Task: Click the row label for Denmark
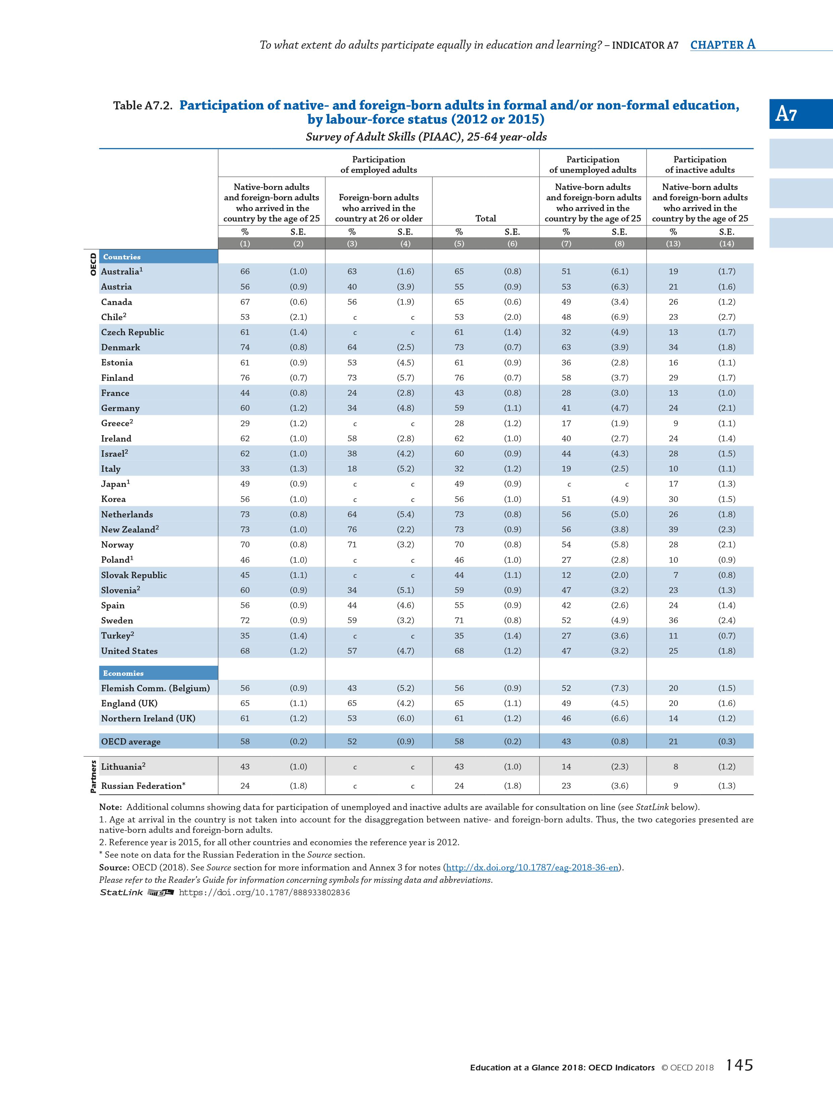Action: pyautogui.click(x=121, y=347)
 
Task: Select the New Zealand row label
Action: pyautogui.click(x=130, y=529)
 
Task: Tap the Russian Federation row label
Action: pyautogui.click(x=143, y=786)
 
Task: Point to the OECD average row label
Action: pyautogui.click(x=131, y=741)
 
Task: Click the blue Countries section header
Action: pyautogui.click(x=122, y=257)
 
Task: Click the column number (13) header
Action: pyautogui.click(x=673, y=244)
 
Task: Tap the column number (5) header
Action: pyautogui.click(x=459, y=244)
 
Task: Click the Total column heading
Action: pyautogui.click(x=485, y=218)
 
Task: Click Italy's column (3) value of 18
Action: pyautogui.click(x=352, y=469)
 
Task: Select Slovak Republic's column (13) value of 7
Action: pyautogui.click(x=675, y=575)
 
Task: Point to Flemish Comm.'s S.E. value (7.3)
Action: pyautogui.click(x=619, y=688)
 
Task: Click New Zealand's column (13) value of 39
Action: pyautogui.click(x=673, y=529)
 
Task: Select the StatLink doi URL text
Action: pyautogui.click(x=264, y=893)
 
